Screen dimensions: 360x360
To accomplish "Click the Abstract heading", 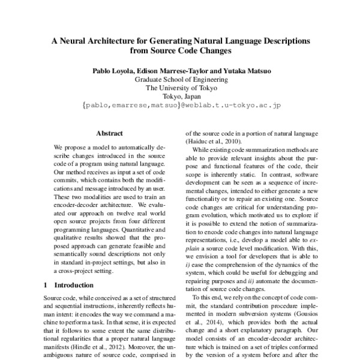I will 109,133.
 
